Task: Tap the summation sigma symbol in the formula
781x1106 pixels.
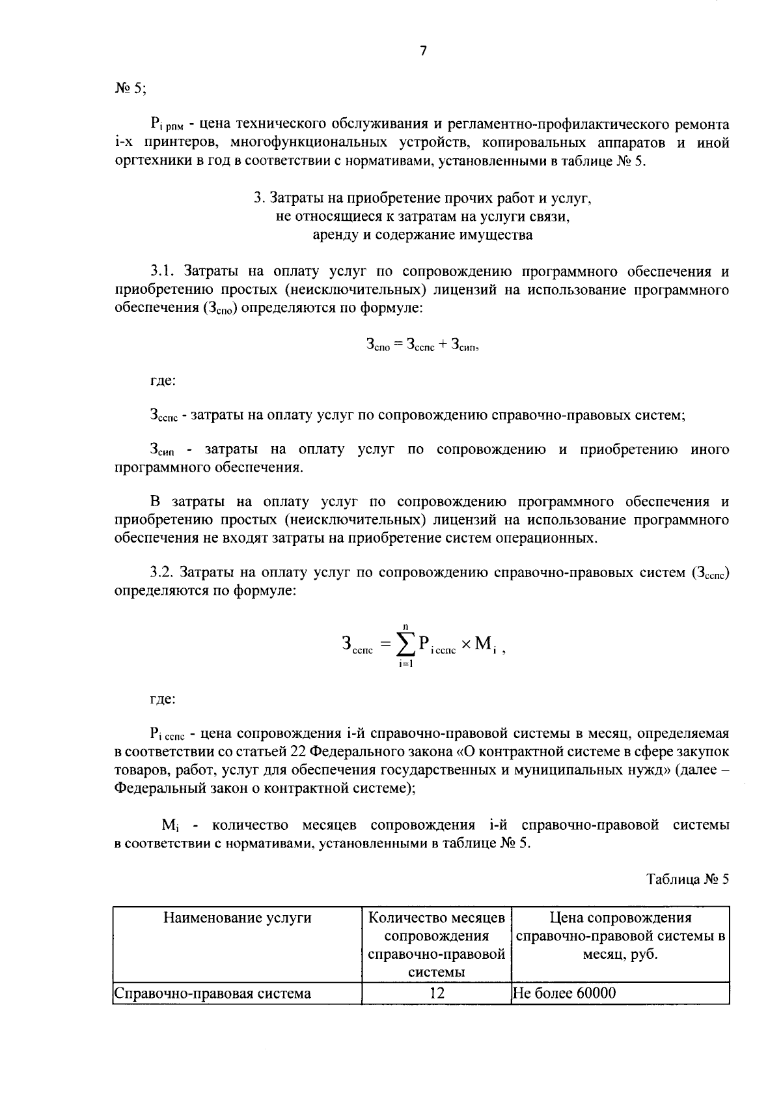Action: pyautogui.click(x=405, y=644)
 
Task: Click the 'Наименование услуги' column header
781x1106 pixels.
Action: pyautogui.click(x=237, y=918)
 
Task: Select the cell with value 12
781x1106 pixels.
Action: pyautogui.click(x=437, y=993)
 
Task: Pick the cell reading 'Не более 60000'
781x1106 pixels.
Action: pyautogui.click(x=564, y=993)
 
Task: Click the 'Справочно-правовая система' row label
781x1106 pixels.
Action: pyautogui.click(x=213, y=993)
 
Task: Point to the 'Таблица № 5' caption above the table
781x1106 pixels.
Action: pyautogui.click(x=687, y=879)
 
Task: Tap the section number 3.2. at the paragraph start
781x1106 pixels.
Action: pyautogui.click(x=163, y=573)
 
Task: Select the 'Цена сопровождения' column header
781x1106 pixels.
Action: pyautogui.click(x=620, y=918)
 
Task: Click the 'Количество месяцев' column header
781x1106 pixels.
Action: pyautogui.click(x=437, y=918)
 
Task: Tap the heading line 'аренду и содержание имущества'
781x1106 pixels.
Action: pyautogui.click(x=422, y=234)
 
